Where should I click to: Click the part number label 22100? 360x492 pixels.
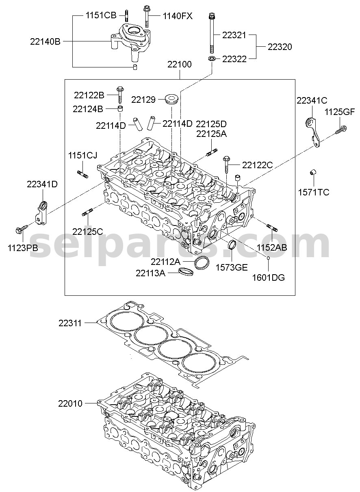pyautogui.click(x=180, y=64)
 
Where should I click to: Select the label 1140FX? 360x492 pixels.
pyautogui.click(x=178, y=16)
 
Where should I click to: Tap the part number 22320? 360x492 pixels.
pyautogui.click(x=280, y=47)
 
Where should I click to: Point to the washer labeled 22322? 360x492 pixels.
pyautogui.click(x=212, y=59)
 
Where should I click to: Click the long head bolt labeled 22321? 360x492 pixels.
pyautogui.click(x=212, y=33)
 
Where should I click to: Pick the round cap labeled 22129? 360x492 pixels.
pyautogui.click(x=171, y=99)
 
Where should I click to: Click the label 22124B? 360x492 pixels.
pyautogui.click(x=88, y=109)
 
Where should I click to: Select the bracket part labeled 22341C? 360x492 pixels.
pyautogui.click(x=313, y=132)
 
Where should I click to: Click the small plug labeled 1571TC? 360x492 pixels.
pyautogui.click(x=312, y=172)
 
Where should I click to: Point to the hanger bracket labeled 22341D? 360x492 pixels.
pyautogui.click(x=42, y=212)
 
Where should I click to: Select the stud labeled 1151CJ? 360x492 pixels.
pyautogui.click(x=82, y=174)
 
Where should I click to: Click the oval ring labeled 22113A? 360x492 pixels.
pyautogui.click(x=186, y=272)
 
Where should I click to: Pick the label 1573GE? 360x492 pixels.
pyautogui.click(x=232, y=267)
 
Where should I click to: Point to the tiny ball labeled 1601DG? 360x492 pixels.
pyautogui.click(x=268, y=258)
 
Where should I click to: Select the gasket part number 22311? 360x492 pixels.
pyautogui.click(x=70, y=323)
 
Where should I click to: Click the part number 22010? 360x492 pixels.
pyautogui.click(x=70, y=403)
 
